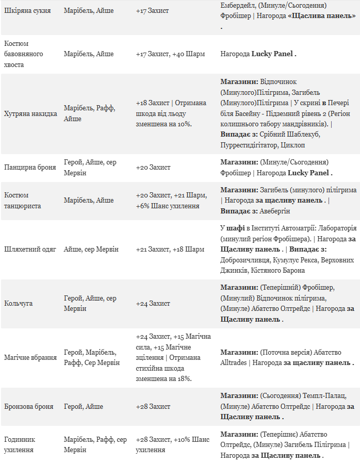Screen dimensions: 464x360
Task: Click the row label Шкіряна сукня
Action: pos(27,10)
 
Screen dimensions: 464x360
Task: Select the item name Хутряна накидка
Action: pos(30,113)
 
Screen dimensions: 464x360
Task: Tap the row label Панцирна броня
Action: pos(30,168)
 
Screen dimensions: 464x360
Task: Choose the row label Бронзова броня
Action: pos(29,406)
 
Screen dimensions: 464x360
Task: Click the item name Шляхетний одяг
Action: pos(29,249)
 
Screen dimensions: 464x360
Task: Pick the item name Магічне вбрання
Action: pos(30,357)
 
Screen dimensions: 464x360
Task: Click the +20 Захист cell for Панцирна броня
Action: pos(153,168)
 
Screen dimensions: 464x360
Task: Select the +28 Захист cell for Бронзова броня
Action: pos(153,406)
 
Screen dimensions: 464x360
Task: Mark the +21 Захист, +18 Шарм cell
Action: pos(170,249)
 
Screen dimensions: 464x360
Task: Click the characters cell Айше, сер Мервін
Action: pos(91,249)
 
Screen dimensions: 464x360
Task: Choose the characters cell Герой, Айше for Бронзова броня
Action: pos(83,406)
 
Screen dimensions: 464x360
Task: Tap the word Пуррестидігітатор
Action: pos(249,145)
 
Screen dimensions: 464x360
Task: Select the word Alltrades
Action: pos(234,362)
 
